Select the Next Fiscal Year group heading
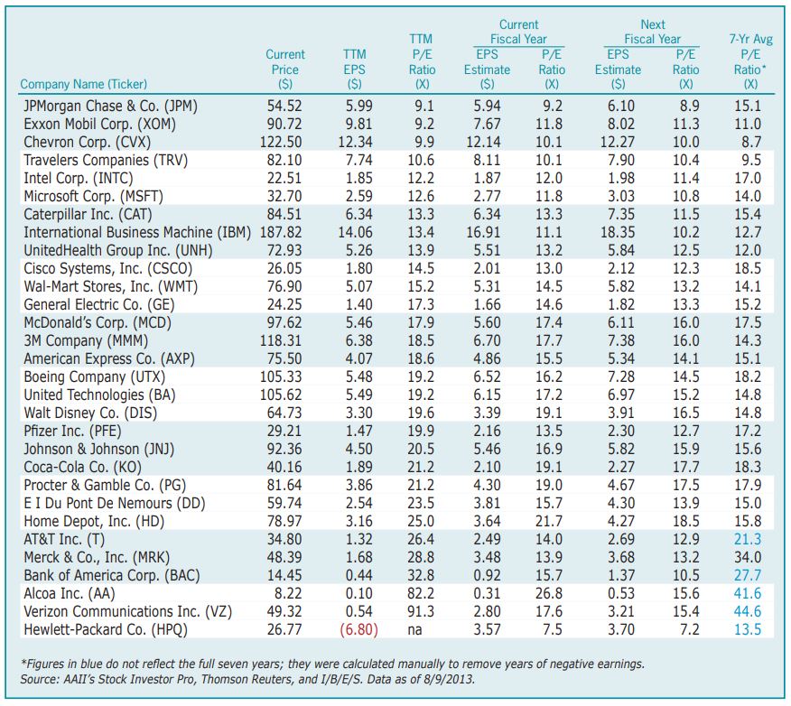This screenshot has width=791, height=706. pos(652,32)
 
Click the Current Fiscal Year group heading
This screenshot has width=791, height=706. pos(518,32)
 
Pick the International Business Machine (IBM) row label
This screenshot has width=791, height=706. pos(132,232)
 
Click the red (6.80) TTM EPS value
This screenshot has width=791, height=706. pos(358,628)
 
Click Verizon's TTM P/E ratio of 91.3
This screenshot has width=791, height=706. pos(421,610)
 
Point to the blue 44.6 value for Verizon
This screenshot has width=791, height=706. pos(749,610)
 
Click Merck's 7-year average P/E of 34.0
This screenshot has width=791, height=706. pos(749,556)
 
